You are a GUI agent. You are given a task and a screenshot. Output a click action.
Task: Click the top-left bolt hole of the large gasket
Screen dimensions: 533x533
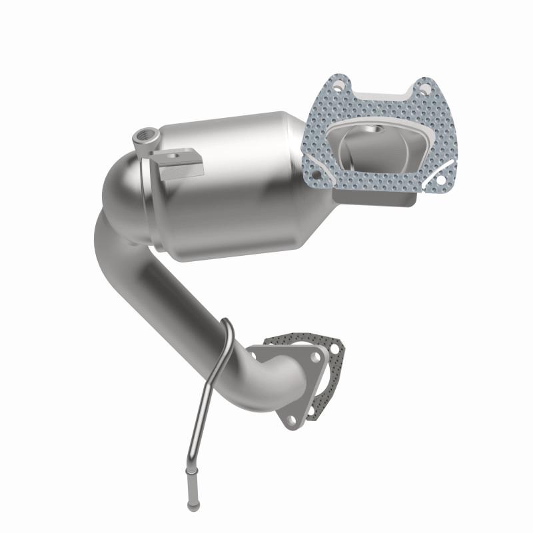click(x=338, y=86)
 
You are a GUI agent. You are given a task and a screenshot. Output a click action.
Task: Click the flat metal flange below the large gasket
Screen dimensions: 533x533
click(x=373, y=197)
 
